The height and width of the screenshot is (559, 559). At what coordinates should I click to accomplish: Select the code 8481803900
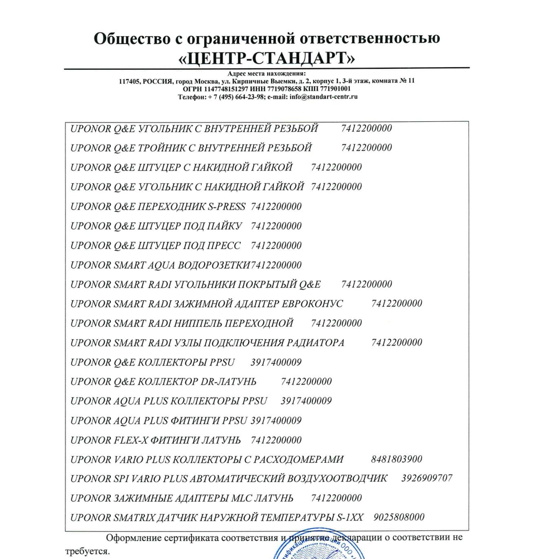pyautogui.click(x=396, y=459)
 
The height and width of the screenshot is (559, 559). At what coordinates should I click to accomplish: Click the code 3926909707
pyautogui.click(x=427, y=479)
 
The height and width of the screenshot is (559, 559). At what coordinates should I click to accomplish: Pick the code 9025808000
pyautogui.click(x=399, y=518)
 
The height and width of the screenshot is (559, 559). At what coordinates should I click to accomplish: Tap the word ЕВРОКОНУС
pyautogui.click(x=310, y=304)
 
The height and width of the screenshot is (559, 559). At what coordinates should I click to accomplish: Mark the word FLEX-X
pyautogui.click(x=130, y=440)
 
